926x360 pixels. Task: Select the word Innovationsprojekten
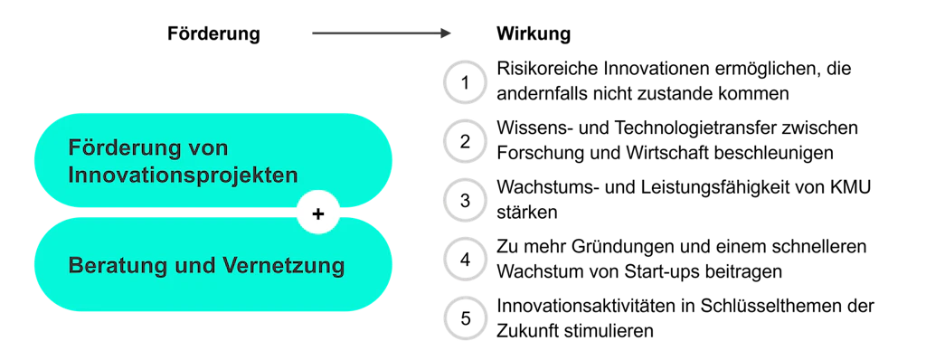183,174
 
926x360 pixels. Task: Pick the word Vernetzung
283,267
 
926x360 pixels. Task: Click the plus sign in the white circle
317,214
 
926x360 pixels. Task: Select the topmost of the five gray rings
466,82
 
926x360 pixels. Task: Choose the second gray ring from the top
466,141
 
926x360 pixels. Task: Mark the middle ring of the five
466,200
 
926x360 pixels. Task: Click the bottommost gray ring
466,317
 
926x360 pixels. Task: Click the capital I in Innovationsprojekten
72,174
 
